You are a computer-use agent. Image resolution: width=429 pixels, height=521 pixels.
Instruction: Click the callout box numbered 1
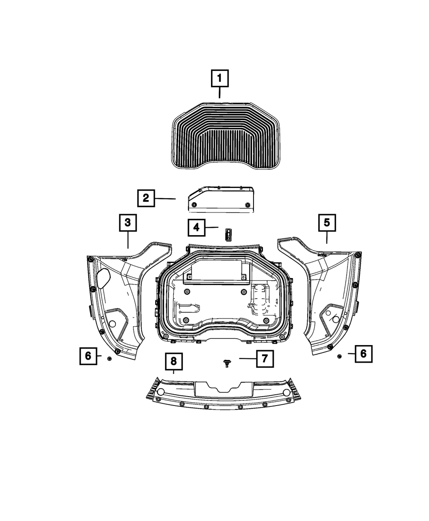coord(220,79)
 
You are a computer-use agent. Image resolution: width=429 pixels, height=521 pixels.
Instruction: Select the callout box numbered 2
coord(146,198)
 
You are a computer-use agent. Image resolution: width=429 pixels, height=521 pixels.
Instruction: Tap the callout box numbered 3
coord(128,223)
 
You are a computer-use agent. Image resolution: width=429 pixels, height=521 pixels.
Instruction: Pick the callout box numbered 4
coord(196,227)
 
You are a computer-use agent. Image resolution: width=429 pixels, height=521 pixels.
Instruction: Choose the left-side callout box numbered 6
coord(88,356)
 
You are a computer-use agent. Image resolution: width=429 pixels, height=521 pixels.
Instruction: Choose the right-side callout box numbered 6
coord(363,354)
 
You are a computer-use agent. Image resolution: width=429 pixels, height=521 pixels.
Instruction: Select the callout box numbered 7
coord(265,358)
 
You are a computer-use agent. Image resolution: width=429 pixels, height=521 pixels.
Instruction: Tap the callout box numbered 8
coord(174,361)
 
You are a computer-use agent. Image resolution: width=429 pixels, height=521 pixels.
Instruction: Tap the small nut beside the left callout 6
coord(109,358)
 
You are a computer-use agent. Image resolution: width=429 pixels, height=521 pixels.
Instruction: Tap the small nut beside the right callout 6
coord(339,356)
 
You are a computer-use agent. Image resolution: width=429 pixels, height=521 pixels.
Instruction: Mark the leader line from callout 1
coord(220,92)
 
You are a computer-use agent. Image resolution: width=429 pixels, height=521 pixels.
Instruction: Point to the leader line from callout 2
coord(166,198)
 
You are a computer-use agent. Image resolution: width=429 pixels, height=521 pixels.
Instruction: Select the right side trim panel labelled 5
coord(326,296)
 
